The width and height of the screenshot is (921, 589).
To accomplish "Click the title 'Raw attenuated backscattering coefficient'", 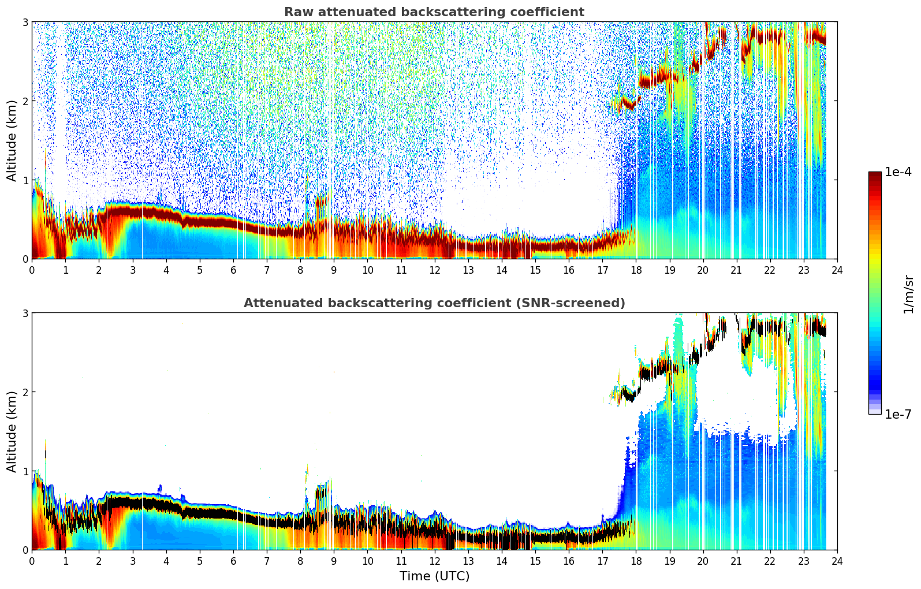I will point(434,12).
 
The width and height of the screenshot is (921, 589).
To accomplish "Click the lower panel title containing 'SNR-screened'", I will point(434,303).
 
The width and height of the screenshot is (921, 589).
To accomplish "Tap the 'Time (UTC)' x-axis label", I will point(434,576).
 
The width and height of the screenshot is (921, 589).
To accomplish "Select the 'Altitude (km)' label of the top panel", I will point(12,140).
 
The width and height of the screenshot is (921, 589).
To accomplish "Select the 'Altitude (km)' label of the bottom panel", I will point(12,431).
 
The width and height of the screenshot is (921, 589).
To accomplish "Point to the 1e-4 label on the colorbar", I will point(898,172).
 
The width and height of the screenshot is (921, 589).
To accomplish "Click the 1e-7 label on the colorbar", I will point(898,414).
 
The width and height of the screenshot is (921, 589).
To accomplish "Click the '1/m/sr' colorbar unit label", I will point(908,294).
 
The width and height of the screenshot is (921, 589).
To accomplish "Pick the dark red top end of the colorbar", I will point(875,174).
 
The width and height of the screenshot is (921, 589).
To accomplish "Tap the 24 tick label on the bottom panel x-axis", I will point(837,561).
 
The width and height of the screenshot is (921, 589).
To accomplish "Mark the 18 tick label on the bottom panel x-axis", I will point(636,561).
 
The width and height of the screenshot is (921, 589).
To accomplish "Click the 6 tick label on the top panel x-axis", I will point(233,270).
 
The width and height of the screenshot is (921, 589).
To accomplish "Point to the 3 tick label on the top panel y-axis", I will point(25,22).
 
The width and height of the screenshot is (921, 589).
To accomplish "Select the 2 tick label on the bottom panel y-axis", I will point(25,392).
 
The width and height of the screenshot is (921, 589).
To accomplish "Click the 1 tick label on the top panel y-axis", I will point(25,180).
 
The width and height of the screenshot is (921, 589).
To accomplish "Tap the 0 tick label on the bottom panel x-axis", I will point(32,561).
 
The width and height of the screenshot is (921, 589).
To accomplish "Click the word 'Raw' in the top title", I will point(296,12).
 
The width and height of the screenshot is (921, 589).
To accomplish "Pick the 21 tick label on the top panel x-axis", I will point(736,270).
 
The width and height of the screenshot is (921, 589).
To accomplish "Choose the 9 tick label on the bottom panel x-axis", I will point(334,561).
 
